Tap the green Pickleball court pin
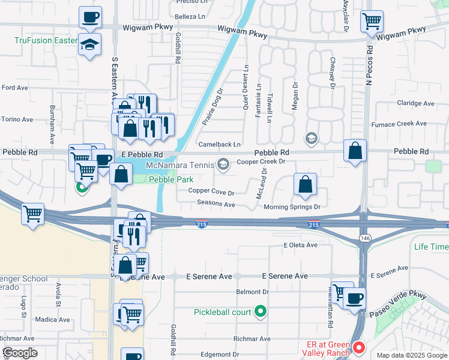click(x=260, y=312)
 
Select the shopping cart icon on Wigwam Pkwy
click(x=372, y=22)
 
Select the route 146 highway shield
click(x=364, y=239)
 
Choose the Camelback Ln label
click(x=220, y=145)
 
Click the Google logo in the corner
click(x=20, y=353)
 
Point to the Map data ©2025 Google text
click(x=411, y=355)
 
